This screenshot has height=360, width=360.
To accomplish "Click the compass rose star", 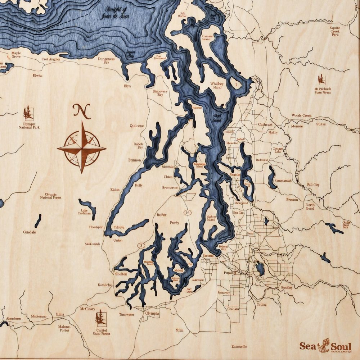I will pyautogui.click(x=82, y=147).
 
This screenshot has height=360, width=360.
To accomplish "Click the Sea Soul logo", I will pyautogui.click(x=325, y=347).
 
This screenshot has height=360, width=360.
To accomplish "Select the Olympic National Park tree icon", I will pyautogui.click(x=28, y=113).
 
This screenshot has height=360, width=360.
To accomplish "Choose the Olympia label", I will pyautogui.click(x=152, y=314).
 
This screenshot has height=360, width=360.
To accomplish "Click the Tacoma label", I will pyautogui.click(x=208, y=255).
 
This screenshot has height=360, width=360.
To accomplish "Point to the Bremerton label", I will pyautogui.click(x=170, y=188).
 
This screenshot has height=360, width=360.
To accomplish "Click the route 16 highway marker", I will pyautogui.click(x=187, y=213).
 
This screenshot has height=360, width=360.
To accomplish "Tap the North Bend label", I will pyautogui.click(x=310, y=206).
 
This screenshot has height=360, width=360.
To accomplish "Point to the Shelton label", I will pyautogui.click(x=121, y=274).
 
